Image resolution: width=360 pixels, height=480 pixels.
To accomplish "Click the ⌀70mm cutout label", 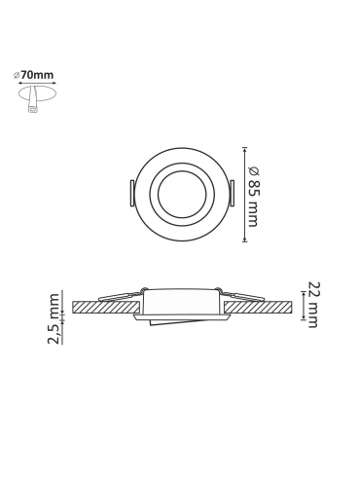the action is pyautogui.click(x=33, y=75).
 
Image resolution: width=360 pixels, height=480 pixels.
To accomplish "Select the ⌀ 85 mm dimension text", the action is pyautogui.click(x=253, y=196).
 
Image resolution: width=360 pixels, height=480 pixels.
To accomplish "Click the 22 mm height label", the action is pyautogui.click(x=313, y=305).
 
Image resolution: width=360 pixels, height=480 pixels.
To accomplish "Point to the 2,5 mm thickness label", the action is pyautogui.click(x=54, y=318).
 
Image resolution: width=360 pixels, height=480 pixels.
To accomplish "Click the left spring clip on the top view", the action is pyautogui.click(x=131, y=193).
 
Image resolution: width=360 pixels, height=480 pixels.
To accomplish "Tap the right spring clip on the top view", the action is pyautogui.click(x=232, y=193).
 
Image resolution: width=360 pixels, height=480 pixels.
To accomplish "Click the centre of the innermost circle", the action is pyautogui.click(x=182, y=194).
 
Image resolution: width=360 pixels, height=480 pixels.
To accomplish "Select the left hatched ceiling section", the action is pyautogui.click(x=106, y=307).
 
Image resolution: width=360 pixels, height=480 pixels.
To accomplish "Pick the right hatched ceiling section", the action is pyautogui.click(x=258, y=307).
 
